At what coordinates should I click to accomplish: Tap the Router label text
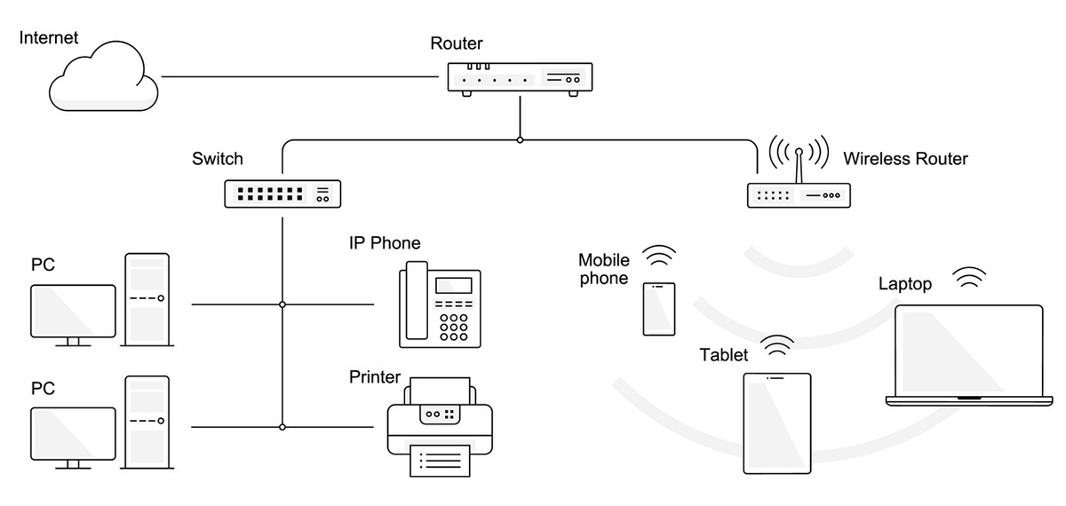coord(456,43)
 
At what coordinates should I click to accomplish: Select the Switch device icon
coord(282,193)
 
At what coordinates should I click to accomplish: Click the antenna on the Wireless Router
coord(799,165)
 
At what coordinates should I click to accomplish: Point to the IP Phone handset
coord(411,304)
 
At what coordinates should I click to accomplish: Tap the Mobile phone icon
coord(659,309)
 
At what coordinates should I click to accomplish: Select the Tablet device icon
coord(776,423)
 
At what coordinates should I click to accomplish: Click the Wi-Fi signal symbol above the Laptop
coord(970,277)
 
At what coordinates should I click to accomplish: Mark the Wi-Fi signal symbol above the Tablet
coord(777,345)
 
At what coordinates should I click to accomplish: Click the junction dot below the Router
coord(520,139)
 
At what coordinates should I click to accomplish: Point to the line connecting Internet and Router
coord(302,76)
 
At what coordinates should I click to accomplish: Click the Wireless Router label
coord(904,160)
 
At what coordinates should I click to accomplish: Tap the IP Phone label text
coord(384,243)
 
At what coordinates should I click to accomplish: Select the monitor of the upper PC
coord(73,310)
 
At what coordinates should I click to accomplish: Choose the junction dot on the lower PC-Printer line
coord(282,427)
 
